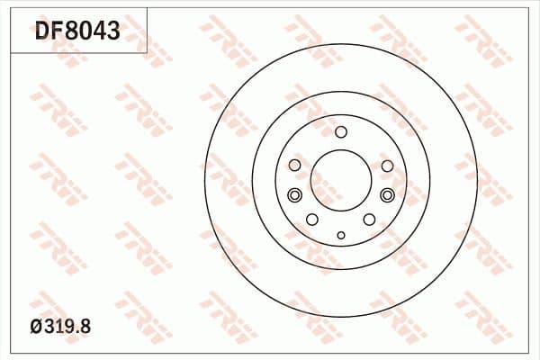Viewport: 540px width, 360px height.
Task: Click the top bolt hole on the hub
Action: pos(341,132)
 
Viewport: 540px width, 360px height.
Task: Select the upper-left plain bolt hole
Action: pos(294,166)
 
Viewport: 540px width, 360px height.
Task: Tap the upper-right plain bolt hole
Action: pos(387,166)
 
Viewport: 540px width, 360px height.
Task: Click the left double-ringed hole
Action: pos(294,196)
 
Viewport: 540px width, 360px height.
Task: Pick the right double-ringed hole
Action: pos(388,196)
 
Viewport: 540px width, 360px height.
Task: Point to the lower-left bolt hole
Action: pos(312,220)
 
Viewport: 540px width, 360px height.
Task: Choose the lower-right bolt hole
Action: pos(369,220)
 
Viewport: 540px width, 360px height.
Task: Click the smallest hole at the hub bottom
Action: pos(341,236)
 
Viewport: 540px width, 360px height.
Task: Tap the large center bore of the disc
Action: pos(341,180)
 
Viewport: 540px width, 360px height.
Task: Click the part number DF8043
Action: pos(77,31)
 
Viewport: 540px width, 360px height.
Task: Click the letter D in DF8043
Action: pos(42,31)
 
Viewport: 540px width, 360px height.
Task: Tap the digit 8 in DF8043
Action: pos(71,31)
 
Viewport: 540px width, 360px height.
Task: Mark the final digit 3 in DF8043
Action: pos(113,31)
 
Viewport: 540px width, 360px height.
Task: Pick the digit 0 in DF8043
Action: pos(85,31)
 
